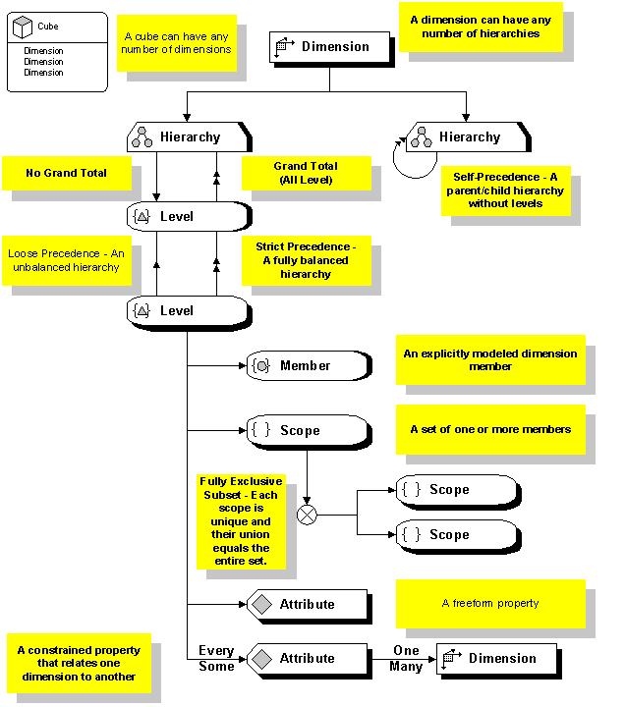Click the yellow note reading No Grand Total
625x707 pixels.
point(66,173)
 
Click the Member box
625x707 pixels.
point(307,365)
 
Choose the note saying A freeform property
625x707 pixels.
point(489,603)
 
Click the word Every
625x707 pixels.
point(216,650)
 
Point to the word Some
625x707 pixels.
point(216,667)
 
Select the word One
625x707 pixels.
point(406,650)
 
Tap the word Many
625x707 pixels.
point(406,667)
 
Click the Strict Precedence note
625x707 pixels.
point(298,259)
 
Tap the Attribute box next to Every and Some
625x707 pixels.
point(306,659)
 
